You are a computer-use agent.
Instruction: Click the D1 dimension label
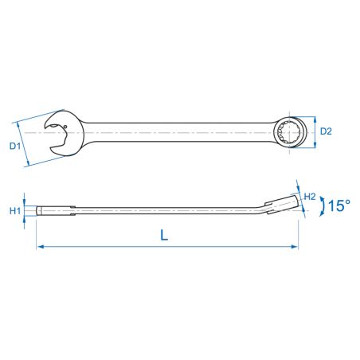[x=15, y=146]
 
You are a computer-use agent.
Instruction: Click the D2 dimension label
[x=326, y=131]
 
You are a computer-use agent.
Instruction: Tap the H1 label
[x=15, y=211]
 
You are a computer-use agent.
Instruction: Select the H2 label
[x=310, y=197]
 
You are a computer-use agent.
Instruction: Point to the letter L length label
[x=164, y=235]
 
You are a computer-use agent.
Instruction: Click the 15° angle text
[x=339, y=205]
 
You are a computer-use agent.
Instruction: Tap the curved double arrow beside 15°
[x=323, y=206]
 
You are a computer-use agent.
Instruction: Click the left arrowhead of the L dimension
[x=40, y=247]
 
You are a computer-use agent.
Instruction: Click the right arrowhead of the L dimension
[x=295, y=247]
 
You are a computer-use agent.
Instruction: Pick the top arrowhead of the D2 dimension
[x=315, y=119]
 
